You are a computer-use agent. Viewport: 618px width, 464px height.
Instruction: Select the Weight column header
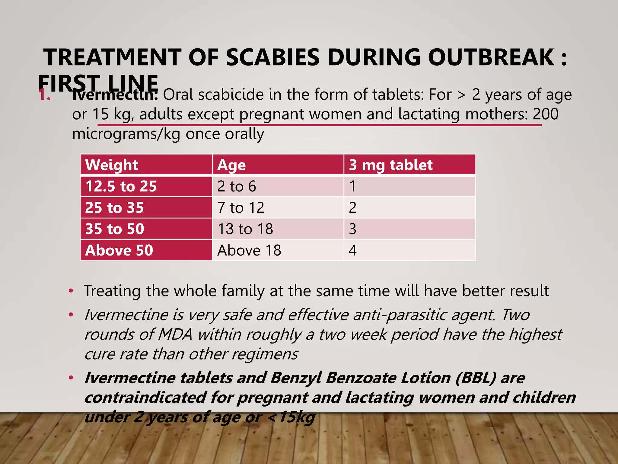click(111, 165)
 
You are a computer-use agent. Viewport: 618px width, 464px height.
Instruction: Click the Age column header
click(231, 165)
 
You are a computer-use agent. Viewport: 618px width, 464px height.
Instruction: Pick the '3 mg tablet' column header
click(391, 165)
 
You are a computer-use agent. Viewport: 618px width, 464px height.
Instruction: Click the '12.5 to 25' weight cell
click(121, 186)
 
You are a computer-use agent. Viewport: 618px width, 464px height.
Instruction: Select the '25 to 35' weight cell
click(114, 208)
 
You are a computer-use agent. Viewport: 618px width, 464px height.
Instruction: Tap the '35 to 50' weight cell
click(115, 229)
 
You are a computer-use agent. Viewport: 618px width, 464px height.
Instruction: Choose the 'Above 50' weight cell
click(119, 250)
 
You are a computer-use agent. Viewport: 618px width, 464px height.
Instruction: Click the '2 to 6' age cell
click(237, 186)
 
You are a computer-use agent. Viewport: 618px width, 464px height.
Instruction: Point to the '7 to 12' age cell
click(241, 208)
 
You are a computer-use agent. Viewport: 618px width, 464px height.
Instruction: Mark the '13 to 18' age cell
click(245, 229)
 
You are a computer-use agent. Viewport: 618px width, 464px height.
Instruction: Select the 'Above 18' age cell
click(249, 250)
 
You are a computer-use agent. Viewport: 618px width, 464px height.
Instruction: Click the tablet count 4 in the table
click(352, 250)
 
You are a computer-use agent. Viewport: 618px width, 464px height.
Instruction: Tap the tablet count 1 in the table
click(352, 186)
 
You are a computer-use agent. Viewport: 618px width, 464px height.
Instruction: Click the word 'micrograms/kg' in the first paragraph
click(126, 134)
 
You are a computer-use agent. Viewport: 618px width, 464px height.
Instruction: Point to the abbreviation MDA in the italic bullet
click(175, 334)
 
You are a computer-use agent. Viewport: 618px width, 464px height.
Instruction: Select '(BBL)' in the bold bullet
click(476, 378)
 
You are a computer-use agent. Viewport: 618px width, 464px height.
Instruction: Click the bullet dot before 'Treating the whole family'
click(71, 291)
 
